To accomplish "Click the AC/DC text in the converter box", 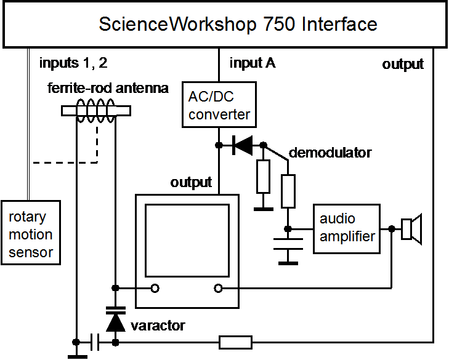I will [212, 97].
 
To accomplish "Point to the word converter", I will [219, 114].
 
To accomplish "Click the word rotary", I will [27, 218].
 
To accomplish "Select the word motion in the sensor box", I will [30, 234].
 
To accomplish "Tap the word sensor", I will [30, 252].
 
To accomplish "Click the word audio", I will [337, 219].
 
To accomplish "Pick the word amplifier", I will [347, 236].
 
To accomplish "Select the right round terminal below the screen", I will [219, 288].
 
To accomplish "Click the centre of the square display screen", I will [187, 240].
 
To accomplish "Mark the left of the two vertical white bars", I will [264, 177].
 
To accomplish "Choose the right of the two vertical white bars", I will [288, 191].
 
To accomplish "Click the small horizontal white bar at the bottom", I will [235, 342].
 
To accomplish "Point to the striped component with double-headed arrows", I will [96, 111].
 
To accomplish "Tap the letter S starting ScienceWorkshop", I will [105, 25].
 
